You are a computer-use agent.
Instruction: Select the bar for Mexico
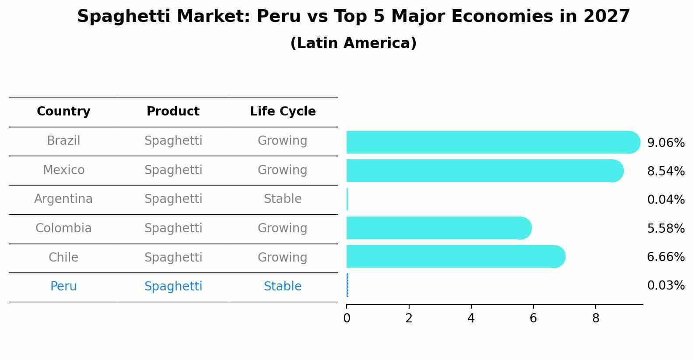(x=481, y=171)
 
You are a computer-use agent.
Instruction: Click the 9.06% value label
(x=666, y=143)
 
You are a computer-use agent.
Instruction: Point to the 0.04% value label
(x=666, y=200)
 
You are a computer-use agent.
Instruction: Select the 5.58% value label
(x=666, y=229)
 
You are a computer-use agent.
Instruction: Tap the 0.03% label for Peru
(x=666, y=286)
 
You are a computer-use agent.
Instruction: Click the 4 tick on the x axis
(x=471, y=318)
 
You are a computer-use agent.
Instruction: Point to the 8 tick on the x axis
(x=596, y=318)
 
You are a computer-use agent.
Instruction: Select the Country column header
(x=63, y=112)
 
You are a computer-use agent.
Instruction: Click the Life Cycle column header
(x=283, y=112)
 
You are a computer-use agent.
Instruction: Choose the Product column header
(x=173, y=112)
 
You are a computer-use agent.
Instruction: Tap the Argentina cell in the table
(x=63, y=199)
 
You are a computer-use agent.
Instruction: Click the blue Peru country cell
(x=63, y=287)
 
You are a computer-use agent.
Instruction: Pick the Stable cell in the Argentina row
(x=283, y=199)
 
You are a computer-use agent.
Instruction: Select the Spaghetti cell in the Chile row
(x=173, y=257)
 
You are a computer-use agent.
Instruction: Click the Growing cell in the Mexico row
(x=283, y=170)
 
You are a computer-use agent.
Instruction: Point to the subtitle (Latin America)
(x=353, y=43)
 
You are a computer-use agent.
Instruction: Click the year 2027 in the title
(x=606, y=17)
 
